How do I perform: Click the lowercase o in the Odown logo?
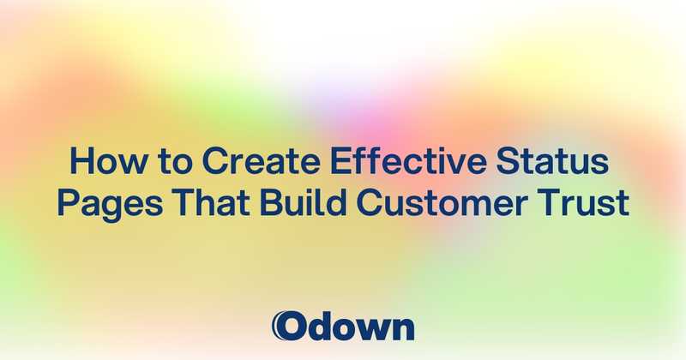[x=345, y=328]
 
